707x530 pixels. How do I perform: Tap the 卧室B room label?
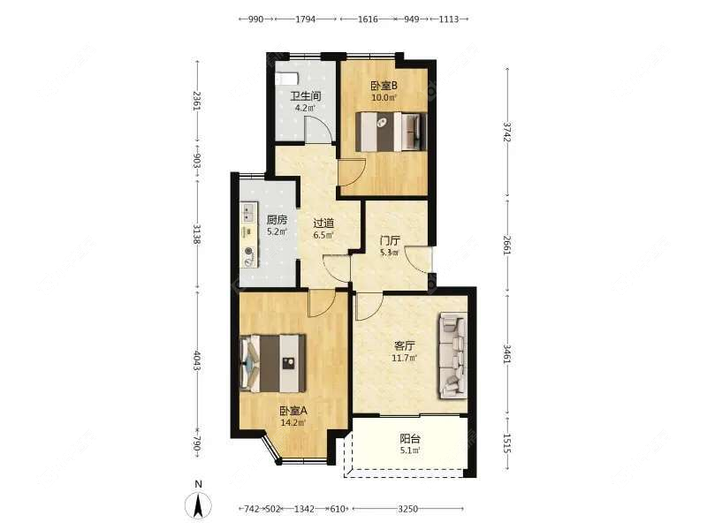tap(384, 86)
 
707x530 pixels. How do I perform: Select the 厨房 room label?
tap(277, 220)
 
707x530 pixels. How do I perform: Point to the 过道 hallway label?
tap(323, 223)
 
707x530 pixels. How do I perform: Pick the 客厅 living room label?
tap(405, 346)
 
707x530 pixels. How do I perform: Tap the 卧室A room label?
tap(293, 411)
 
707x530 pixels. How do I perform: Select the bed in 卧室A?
tap(275, 362)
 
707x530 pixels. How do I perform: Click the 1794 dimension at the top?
tap(305, 19)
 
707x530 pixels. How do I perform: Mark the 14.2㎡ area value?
tap(293, 422)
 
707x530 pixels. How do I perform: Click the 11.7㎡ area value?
tap(405, 358)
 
